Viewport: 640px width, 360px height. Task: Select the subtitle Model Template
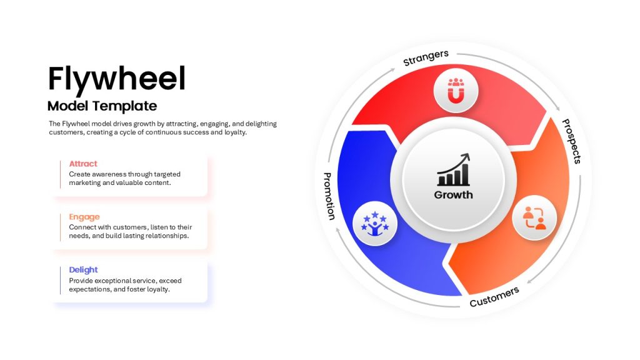click(102, 106)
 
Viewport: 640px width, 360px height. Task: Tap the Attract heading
click(83, 164)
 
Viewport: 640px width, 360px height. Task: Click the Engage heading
click(84, 217)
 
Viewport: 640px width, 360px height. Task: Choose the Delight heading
click(83, 270)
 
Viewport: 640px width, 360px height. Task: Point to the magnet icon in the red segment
click(456, 91)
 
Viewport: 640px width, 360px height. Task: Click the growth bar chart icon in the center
click(454, 170)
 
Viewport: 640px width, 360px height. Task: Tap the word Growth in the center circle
click(453, 195)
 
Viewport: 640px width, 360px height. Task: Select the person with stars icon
click(375, 224)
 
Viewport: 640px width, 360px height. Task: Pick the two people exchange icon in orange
click(534, 218)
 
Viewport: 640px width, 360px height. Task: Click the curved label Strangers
click(426, 58)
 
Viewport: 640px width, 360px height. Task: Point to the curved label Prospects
click(571, 141)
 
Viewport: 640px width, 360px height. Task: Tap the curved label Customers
click(494, 297)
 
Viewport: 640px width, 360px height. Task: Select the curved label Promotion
click(329, 196)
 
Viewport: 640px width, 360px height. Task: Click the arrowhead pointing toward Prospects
click(557, 108)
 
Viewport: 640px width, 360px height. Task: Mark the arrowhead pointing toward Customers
click(530, 281)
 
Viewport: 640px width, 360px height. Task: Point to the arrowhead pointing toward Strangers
click(392, 70)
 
